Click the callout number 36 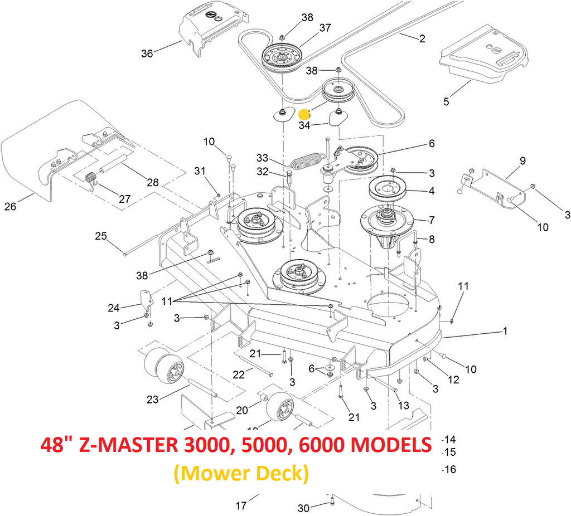[x=147, y=53]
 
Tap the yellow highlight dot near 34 [x=304, y=114]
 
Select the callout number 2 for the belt [x=422, y=38]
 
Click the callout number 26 [x=10, y=207]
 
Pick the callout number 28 [x=152, y=182]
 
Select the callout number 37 [x=325, y=28]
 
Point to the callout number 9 [x=522, y=160]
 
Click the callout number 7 [x=432, y=221]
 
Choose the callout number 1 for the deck [x=505, y=331]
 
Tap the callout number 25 [x=100, y=236]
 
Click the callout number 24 [x=114, y=308]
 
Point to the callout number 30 [x=303, y=508]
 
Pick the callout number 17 [x=241, y=506]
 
